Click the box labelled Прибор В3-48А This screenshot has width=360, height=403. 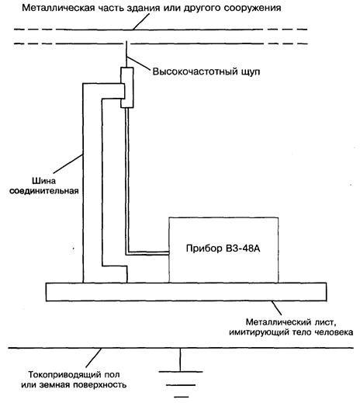[x=223, y=250]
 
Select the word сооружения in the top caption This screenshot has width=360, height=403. [x=252, y=9]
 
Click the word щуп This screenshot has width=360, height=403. [x=251, y=72]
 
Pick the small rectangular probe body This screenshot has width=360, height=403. [x=127, y=88]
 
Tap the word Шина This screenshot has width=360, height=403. [x=43, y=181]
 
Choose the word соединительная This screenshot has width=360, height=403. [x=44, y=191]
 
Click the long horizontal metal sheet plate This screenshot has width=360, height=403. [x=186, y=292]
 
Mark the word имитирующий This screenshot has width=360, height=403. [x=259, y=332]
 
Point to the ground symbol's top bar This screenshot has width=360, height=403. [x=181, y=372]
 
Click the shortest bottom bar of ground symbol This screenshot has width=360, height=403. [x=182, y=397]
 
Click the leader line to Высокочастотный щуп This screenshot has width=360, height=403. [x=138, y=63]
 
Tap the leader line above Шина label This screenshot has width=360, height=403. [x=68, y=164]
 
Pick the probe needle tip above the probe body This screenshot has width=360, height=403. [x=126, y=41]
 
